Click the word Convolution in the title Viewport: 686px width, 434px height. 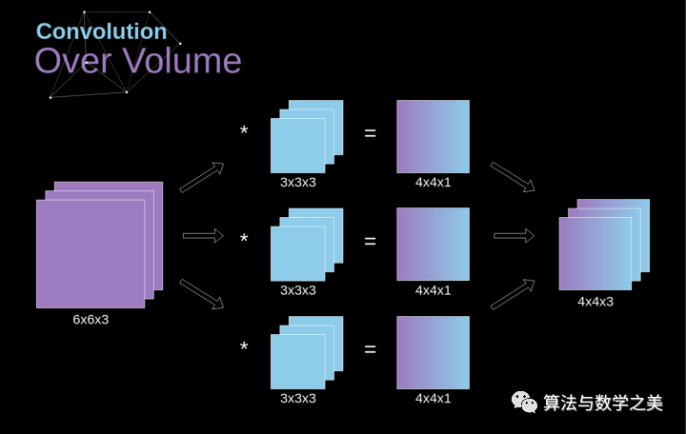(x=101, y=30)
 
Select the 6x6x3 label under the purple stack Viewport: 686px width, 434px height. (x=91, y=320)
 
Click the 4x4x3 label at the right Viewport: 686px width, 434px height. (x=595, y=302)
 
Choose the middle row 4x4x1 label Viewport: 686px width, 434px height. (x=433, y=290)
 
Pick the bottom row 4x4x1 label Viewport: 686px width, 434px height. (x=433, y=399)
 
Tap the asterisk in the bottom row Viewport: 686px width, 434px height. (x=244, y=347)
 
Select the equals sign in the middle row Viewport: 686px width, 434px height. (x=371, y=241)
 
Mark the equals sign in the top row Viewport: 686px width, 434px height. (x=371, y=133)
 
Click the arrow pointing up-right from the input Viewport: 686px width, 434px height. (x=202, y=176)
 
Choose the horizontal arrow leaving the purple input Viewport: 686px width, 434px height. (x=202, y=235)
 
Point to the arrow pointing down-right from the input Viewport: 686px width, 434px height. (x=202, y=294)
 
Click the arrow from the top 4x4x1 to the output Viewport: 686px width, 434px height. (x=513, y=177)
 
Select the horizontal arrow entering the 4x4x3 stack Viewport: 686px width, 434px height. (x=514, y=235)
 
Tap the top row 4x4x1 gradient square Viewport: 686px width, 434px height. (x=433, y=136)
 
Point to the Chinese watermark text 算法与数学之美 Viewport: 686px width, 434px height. (x=602, y=404)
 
